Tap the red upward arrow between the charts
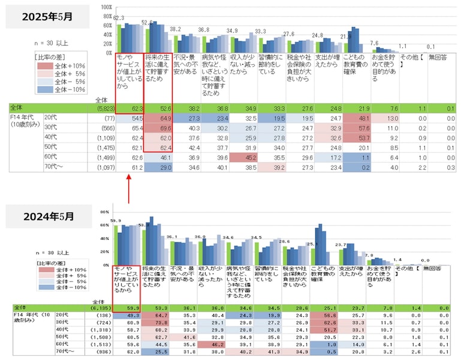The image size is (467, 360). click(129, 188)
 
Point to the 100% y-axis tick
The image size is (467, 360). click(106, 7)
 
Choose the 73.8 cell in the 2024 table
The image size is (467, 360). click(155, 322)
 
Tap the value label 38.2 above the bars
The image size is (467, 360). click(175, 29)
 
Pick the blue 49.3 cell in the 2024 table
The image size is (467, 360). click(126, 314)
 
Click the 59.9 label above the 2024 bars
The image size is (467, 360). click(117, 220)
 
